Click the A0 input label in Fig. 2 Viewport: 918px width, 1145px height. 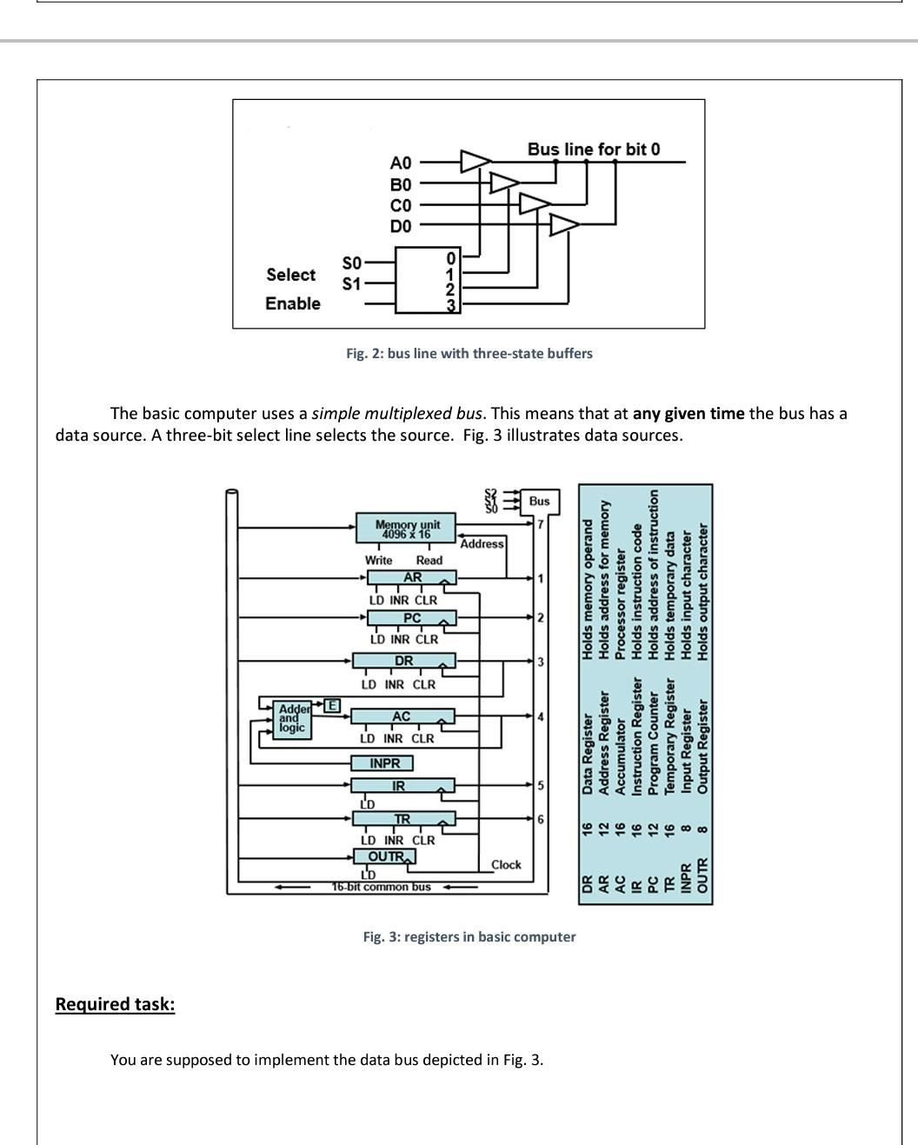(400, 163)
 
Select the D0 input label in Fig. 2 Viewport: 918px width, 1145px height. (400, 226)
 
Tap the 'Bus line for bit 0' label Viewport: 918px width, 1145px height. (593, 149)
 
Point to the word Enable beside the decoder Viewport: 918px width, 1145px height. (292, 303)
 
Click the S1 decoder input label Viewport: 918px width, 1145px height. (351, 283)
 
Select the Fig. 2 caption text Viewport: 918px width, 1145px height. (469, 353)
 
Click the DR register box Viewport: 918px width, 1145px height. (403, 662)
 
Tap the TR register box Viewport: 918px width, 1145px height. (402, 819)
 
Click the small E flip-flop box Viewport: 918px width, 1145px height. (331, 705)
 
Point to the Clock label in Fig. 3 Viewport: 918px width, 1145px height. (506, 864)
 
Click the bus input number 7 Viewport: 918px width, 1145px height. (540, 524)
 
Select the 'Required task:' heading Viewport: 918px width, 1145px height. (115, 1004)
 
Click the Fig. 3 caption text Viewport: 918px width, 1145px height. (469, 936)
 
